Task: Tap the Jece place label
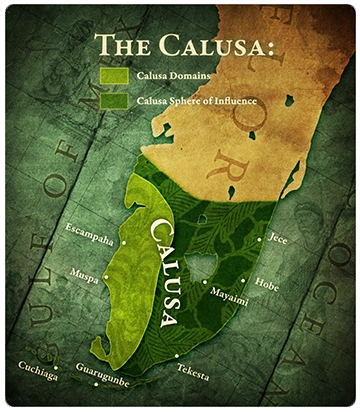pyautogui.click(x=279, y=240)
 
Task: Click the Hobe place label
pyautogui.click(x=267, y=284)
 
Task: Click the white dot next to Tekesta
pyautogui.click(x=176, y=356)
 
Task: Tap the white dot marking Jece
pyautogui.click(x=261, y=240)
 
